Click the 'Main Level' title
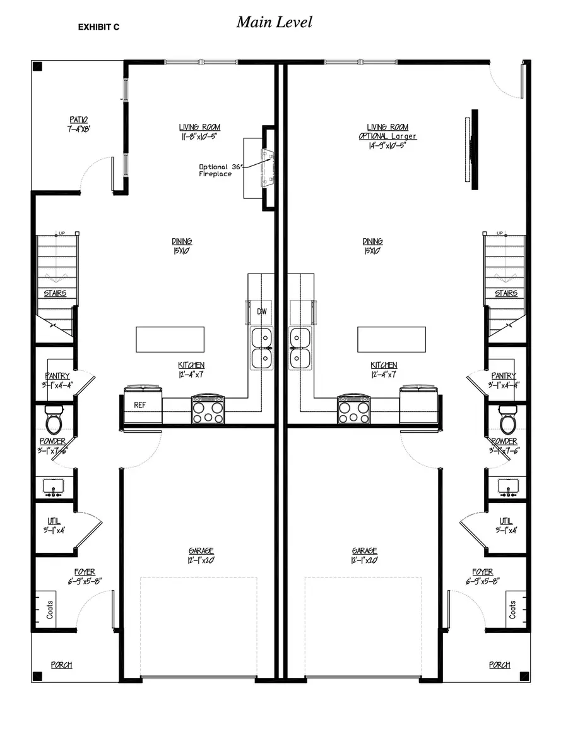click(275, 22)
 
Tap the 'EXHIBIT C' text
click(98, 27)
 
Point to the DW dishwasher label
click(261, 311)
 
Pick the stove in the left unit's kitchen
click(208, 409)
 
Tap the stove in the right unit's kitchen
click(353, 409)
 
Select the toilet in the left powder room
click(54, 419)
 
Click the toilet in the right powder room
click(507, 419)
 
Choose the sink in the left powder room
click(55, 487)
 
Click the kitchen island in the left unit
click(170, 339)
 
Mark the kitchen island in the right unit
click(391, 339)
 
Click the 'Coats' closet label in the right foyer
click(512, 609)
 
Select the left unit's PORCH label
click(61, 665)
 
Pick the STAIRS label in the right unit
click(506, 293)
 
